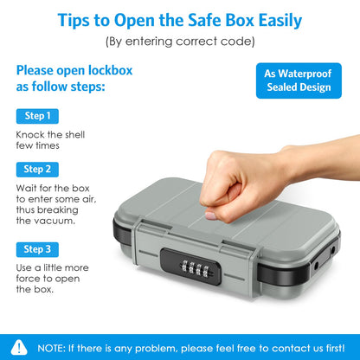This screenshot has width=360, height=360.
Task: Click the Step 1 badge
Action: tap(37, 115)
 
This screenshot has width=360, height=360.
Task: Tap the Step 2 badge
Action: tap(37, 169)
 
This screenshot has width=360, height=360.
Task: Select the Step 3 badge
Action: tap(37, 248)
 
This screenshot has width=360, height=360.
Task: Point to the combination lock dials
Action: tap(196, 257)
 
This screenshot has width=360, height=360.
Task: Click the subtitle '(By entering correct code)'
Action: tap(179, 41)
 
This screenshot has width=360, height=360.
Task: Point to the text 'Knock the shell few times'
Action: tap(50, 141)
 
